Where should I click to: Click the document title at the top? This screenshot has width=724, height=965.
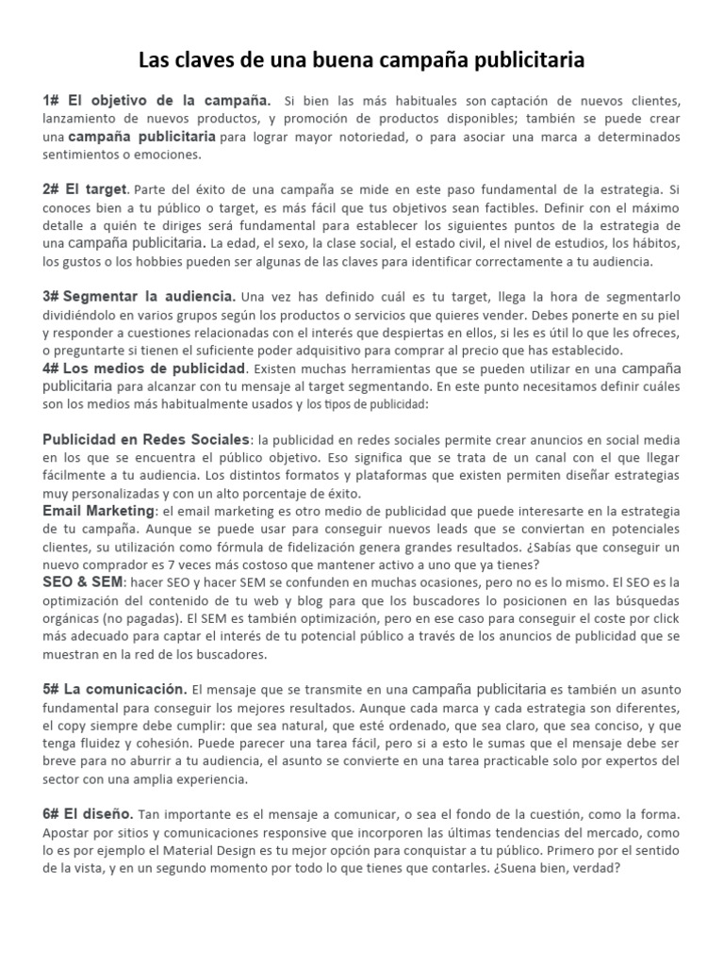point(361,60)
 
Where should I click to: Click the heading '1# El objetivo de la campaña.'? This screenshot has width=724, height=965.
point(156,100)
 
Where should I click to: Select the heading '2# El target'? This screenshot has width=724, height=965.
point(84,189)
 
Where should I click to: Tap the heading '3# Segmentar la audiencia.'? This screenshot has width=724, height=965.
point(139,296)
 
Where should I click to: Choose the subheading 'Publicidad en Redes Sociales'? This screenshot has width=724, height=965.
point(147,439)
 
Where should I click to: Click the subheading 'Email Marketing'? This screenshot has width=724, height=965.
point(98,510)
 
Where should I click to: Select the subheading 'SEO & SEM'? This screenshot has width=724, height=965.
point(82,582)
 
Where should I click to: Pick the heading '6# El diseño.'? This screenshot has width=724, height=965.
point(89,813)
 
